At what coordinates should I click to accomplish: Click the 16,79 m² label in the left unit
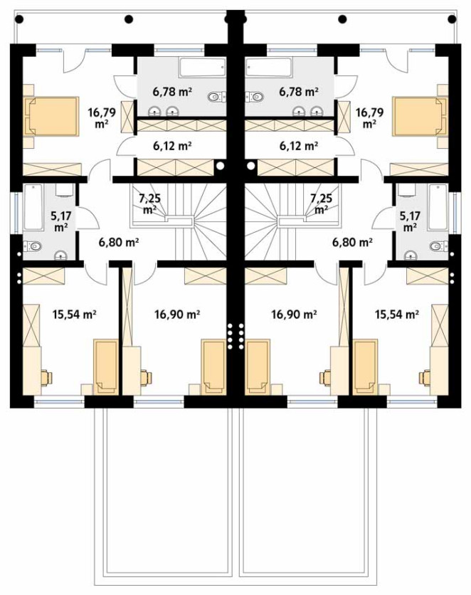102,117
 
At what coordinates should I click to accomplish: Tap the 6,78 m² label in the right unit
298,91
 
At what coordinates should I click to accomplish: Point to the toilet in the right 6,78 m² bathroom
255,97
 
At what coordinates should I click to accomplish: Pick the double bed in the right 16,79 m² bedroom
420,116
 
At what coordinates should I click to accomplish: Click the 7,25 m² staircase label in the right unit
321,203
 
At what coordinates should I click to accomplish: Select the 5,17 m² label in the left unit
61,221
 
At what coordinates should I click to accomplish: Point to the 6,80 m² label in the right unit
352,241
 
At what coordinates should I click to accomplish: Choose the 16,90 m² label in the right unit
295,314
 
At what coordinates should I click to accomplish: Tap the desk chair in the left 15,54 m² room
46,377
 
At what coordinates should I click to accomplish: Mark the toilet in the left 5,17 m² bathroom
32,247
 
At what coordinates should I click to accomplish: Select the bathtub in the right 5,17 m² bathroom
438,207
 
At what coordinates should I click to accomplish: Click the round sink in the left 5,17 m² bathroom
60,256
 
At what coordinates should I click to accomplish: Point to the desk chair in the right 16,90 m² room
325,377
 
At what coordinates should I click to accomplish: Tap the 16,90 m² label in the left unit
177,314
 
